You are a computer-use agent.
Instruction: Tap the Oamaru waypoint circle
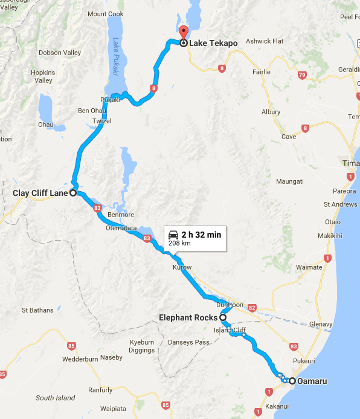click(292, 382)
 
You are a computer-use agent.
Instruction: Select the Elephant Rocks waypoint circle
click(222, 317)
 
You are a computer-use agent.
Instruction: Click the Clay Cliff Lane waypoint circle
click(72, 193)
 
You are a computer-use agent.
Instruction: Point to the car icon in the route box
click(173, 235)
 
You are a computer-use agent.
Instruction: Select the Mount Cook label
click(105, 14)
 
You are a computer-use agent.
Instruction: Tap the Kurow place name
click(182, 267)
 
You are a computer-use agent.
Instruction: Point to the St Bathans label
click(37, 310)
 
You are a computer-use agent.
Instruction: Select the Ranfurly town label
click(100, 390)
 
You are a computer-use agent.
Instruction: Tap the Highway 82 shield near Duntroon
click(252, 308)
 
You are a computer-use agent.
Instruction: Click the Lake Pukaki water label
click(116, 58)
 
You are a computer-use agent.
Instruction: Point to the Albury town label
click(271, 112)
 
